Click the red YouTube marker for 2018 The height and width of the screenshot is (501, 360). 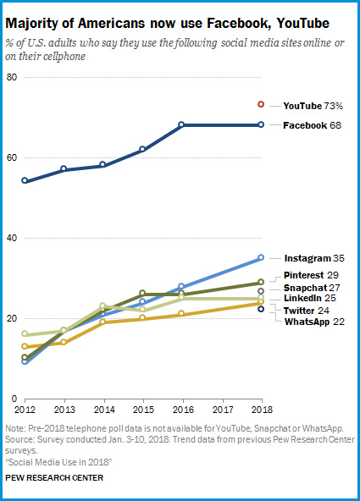pyautogui.click(x=261, y=104)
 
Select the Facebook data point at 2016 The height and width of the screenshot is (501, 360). pyautogui.click(x=181, y=124)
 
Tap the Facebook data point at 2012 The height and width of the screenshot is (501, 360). pyautogui.click(x=25, y=180)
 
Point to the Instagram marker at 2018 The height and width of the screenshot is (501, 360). pyautogui.click(x=261, y=257)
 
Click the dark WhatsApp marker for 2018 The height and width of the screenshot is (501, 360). pyautogui.click(x=261, y=309)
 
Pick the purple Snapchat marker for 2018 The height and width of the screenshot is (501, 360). pyautogui.click(x=261, y=291)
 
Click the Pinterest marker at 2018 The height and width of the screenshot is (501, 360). pyautogui.click(x=261, y=282)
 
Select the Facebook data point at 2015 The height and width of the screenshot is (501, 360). pyautogui.click(x=142, y=149)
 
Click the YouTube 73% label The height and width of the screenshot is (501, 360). pyautogui.click(x=313, y=106)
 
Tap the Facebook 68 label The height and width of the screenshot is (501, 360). pyautogui.click(x=312, y=125)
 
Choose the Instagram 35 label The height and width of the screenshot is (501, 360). pyautogui.click(x=314, y=258)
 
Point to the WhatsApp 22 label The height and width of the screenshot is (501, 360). pyautogui.click(x=314, y=322)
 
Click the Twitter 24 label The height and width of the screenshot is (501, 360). pyautogui.click(x=307, y=311)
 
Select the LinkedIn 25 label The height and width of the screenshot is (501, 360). pyautogui.click(x=310, y=298)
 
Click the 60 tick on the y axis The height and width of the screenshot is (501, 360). pyautogui.click(x=12, y=157)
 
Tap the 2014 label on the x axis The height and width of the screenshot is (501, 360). pyautogui.click(x=104, y=410)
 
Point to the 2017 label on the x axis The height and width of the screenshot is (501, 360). pyautogui.click(x=223, y=410)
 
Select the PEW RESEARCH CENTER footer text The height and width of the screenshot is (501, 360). pyautogui.click(x=54, y=477)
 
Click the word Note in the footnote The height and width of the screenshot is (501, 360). pyautogui.click(x=14, y=428)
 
